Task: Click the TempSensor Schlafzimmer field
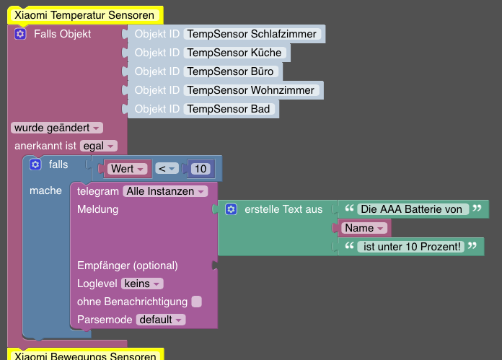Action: [x=252, y=34]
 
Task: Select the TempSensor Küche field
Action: [x=234, y=53]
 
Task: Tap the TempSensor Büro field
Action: [x=231, y=71]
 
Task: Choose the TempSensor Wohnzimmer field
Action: [x=251, y=90]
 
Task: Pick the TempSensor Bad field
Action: [x=229, y=109]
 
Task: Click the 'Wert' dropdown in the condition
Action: [x=127, y=169]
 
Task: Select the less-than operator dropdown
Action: [x=167, y=169]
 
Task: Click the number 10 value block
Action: [x=201, y=169]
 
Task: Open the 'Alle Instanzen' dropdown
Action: [x=165, y=191]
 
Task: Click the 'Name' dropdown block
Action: [x=364, y=228]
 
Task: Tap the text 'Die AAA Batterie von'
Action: [x=410, y=209]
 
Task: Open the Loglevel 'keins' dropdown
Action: [x=142, y=284]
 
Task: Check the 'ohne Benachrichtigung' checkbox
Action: [x=197, y=302]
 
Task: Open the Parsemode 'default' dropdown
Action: [x=160, y=320]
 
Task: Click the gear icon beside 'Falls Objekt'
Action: [x=20, y=34]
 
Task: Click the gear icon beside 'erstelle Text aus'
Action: [x=231, y=209]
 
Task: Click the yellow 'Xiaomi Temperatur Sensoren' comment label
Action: [x=84, y=15]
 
